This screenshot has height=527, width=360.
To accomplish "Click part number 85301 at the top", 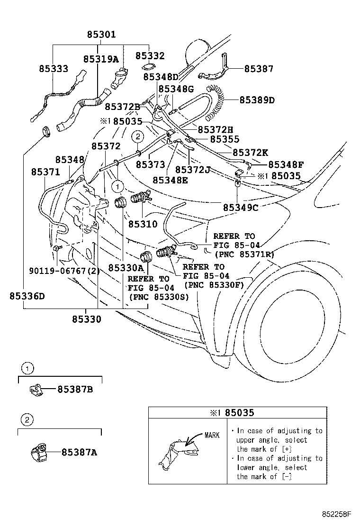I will (101, 35).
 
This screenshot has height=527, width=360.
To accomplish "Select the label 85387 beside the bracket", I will (259, 69).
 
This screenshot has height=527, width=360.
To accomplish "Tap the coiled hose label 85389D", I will (257, 100).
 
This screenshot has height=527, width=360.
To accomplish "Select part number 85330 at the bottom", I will (86, 319).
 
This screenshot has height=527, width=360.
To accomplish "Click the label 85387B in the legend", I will (75, 389).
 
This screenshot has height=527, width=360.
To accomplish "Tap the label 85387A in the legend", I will (79, 452).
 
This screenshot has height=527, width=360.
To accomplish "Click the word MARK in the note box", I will (212, 435).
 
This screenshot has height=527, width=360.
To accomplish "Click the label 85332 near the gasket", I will (150, 56).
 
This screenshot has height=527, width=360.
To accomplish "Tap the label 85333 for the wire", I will (53, 69).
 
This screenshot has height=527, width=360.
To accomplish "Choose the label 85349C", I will (240, 207).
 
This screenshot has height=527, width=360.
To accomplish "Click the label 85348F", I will (286, 164).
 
